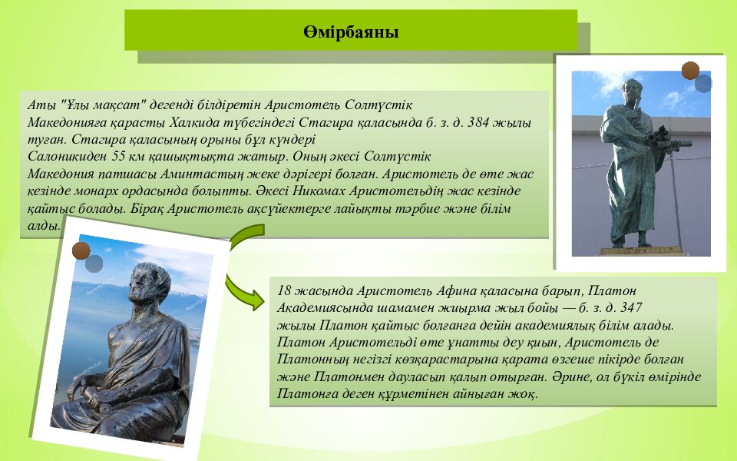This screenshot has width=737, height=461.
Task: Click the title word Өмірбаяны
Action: (x=351, y=32)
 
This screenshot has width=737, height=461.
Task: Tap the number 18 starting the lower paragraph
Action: (x=284, y=290)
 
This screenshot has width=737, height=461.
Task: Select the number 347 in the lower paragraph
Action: (x=631, y=307)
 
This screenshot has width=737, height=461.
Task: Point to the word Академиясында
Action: (x=323, y=307)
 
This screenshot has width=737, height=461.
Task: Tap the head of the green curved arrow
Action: (x=256, y=299)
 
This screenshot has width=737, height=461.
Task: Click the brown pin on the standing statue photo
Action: (x=690, y=71)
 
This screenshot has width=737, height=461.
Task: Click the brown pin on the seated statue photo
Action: (x=81, y=250)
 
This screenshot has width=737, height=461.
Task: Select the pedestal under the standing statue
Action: (x=641, y=251)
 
